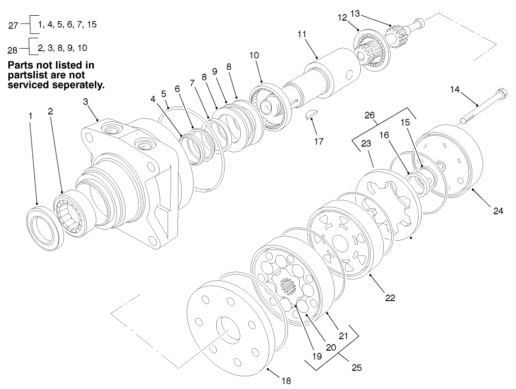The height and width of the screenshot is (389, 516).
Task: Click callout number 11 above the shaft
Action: pyautogui.click(x=302, y=34)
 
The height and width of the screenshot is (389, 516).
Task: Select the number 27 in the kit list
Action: pyautogui.click(x=14, y=26)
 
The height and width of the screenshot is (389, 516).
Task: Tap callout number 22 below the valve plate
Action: pyautogui.click(x=390, y=298)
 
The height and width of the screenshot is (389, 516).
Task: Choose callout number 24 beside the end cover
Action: pyautogui.click(x=498, y=211)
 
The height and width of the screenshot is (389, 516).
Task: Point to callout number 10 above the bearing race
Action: pyautogui.click(x=254, y=55)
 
